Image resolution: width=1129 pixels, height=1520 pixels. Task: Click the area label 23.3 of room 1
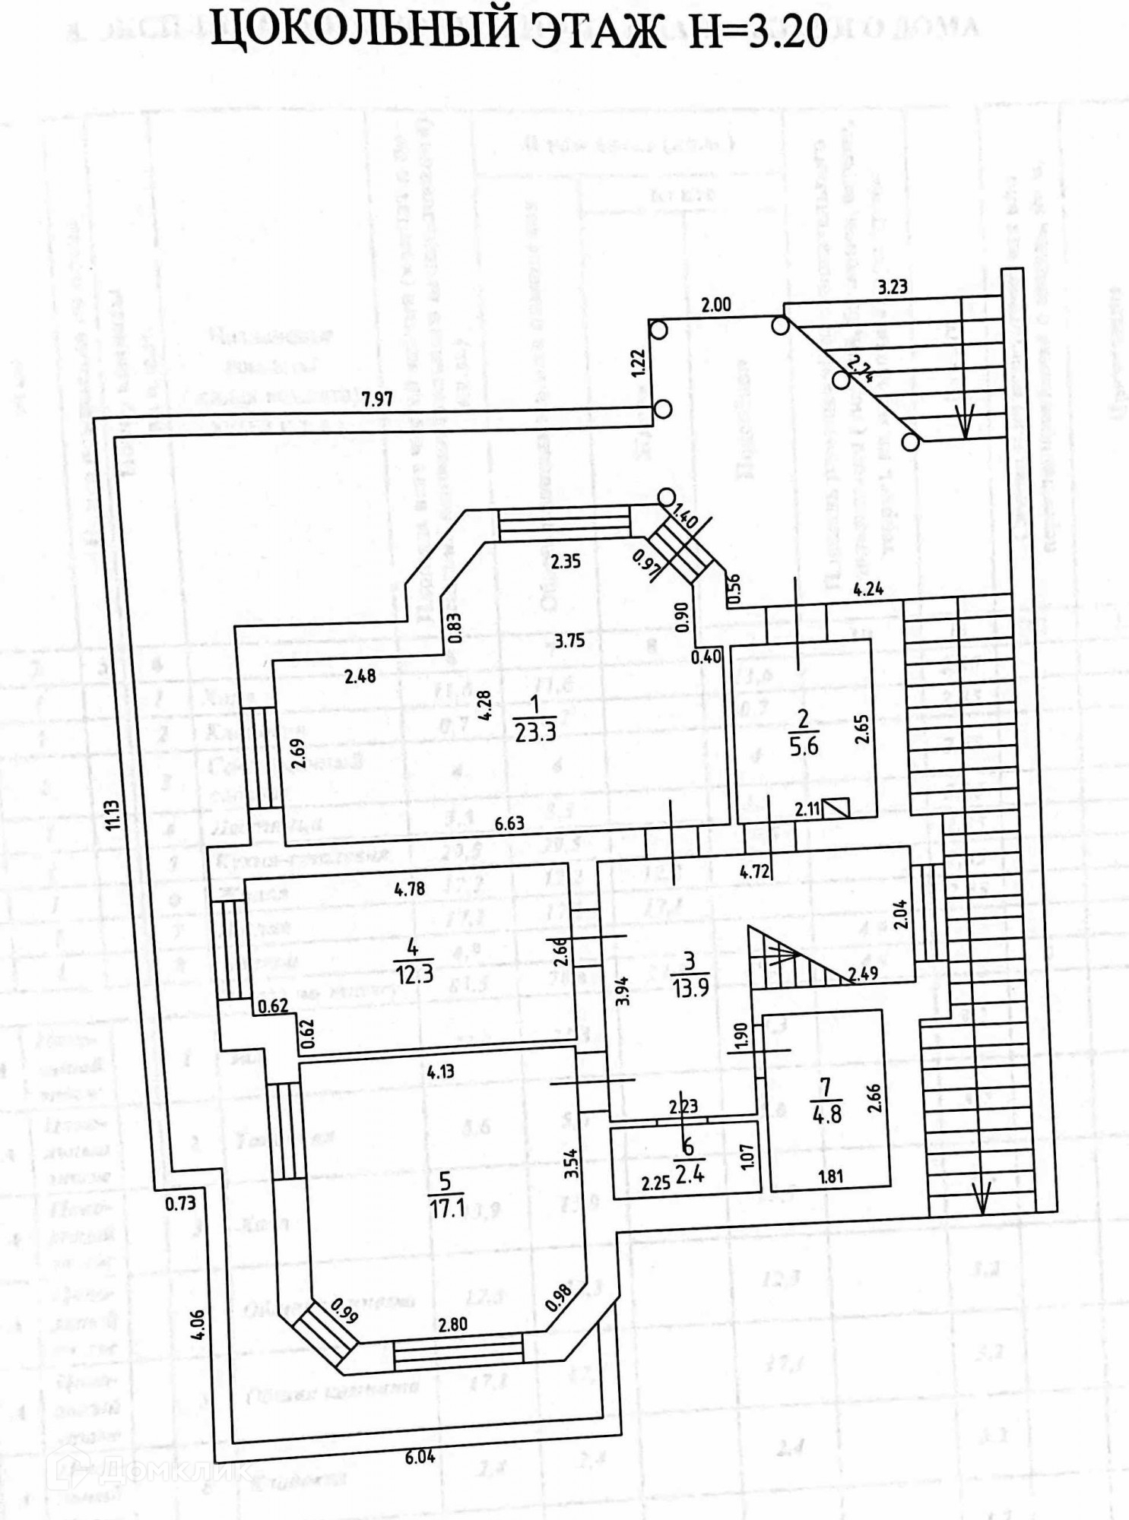point(535,731)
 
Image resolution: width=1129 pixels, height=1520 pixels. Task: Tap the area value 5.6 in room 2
point(804,746)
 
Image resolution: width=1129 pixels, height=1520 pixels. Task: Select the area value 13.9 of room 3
point(690,989)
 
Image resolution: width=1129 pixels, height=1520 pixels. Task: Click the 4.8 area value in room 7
point(827,1114)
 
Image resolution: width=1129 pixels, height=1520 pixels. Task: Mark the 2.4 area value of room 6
point(690,1174)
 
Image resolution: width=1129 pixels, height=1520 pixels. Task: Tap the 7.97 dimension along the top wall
point(377,398)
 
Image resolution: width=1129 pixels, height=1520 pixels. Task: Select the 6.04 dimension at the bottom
point(420,1457)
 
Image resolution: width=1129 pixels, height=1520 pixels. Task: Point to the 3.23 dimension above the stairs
point(893,287)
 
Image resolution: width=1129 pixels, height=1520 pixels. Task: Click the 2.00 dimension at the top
point(715,305)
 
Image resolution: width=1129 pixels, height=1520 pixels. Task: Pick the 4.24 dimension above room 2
point(868,588)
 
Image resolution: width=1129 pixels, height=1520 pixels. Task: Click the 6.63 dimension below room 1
point(509,823)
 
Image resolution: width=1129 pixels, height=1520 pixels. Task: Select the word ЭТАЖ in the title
point(595,31)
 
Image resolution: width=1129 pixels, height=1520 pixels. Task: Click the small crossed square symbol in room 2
point(836,807)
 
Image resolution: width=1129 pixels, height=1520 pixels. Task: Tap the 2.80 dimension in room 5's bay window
point(452,1324)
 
